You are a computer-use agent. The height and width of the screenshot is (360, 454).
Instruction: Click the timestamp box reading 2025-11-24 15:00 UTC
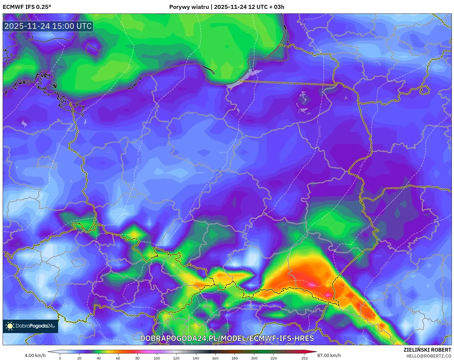point(48,26)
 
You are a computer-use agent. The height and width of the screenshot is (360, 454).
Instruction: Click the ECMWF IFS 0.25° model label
point(27,7)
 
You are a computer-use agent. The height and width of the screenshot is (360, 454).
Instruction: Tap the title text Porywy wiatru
point(189,7)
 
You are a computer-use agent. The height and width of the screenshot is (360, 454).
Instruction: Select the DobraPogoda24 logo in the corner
point(30,326)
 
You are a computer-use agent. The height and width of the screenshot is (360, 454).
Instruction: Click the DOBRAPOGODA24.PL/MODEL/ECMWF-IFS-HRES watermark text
point(227,338)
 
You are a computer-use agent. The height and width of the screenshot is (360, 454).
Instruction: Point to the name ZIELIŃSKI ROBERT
point(427,350)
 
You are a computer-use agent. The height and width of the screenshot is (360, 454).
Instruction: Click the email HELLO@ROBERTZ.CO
point(428,356)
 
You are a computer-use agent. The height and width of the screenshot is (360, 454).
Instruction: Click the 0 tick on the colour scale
point(60,358)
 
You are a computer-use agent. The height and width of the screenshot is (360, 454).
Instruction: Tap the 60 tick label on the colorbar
point(118,358)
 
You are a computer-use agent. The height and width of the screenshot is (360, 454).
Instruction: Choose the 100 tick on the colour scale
point(157,358)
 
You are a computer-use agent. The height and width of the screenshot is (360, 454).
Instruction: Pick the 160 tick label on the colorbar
point(215,358)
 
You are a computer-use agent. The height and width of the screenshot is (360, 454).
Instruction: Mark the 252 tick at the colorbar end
point(304,358)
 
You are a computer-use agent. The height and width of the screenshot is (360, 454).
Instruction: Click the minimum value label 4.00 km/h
point(35,355)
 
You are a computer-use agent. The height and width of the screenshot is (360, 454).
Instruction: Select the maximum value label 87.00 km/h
point(329,355)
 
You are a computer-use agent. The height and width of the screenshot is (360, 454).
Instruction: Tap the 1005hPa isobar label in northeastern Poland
point(319,132)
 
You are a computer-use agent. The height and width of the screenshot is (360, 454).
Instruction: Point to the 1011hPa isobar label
point(384,266)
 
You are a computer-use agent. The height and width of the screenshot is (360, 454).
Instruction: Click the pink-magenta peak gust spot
point(312,284)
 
